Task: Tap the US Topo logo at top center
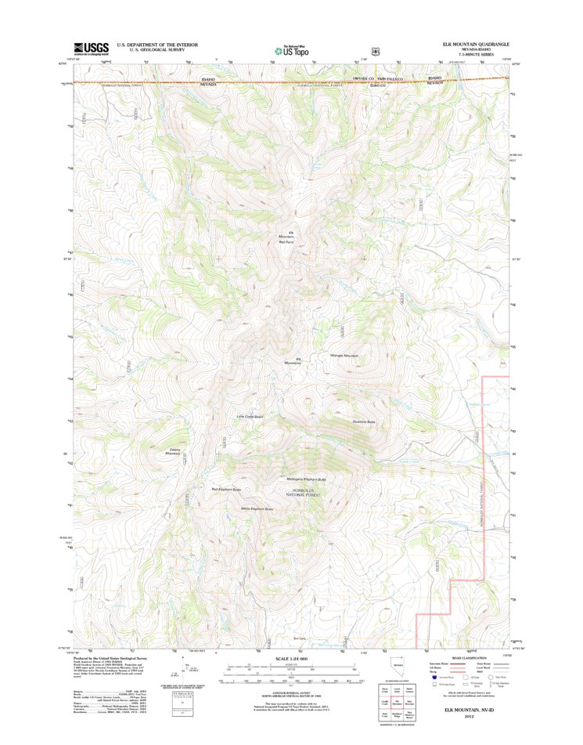pyautogui.click(x=291, y=49)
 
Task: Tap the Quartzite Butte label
pyautogui.click(x=364, y=422)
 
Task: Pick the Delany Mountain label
pyautogui.click(x=172, y=452)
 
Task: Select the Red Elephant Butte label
pyautogui.click(x=226, y=490)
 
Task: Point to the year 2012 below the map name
pyautogui.click(x=469, y=714)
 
